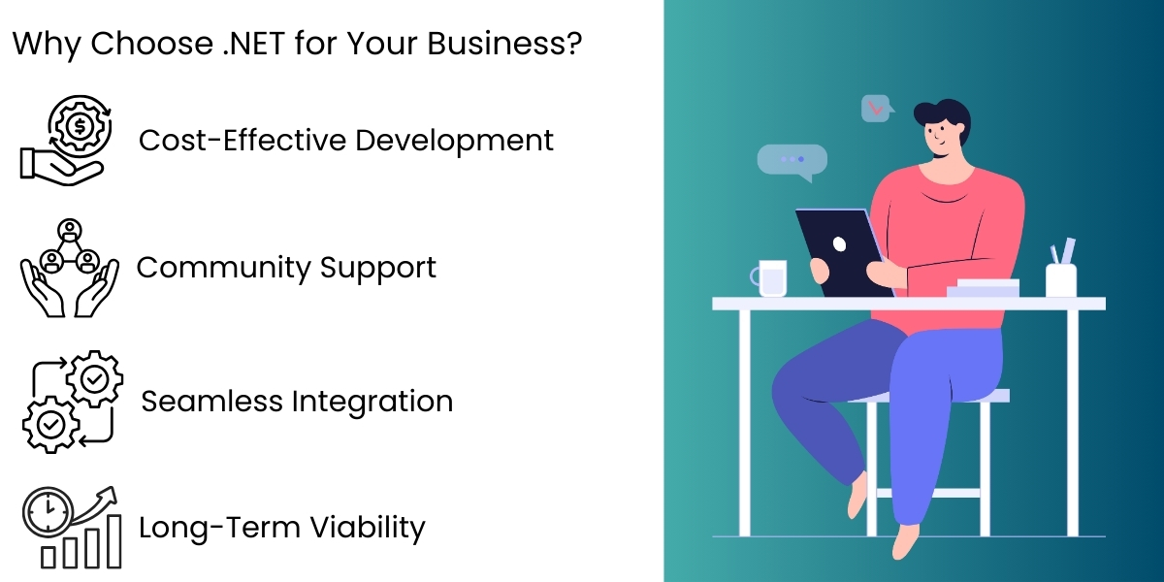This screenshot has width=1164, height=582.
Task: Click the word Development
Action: point(454,141)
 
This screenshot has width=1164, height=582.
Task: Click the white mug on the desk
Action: point(771,277)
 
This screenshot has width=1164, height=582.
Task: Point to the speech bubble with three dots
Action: point(792,160)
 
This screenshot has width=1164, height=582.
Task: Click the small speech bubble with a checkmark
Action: point(876,109)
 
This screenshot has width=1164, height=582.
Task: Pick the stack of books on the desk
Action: point(985,288)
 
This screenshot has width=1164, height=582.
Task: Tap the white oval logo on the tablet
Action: point(840,243)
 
